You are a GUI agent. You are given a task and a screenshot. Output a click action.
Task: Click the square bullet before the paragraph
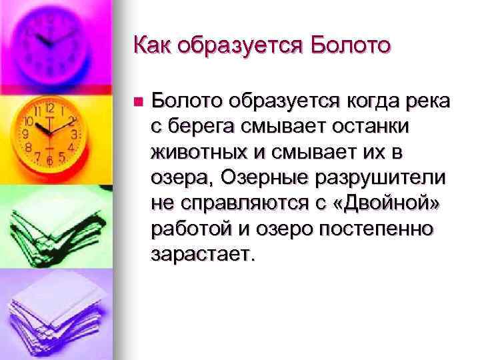[137, 103]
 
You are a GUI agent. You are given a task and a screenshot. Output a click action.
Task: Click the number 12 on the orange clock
[50, 107]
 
